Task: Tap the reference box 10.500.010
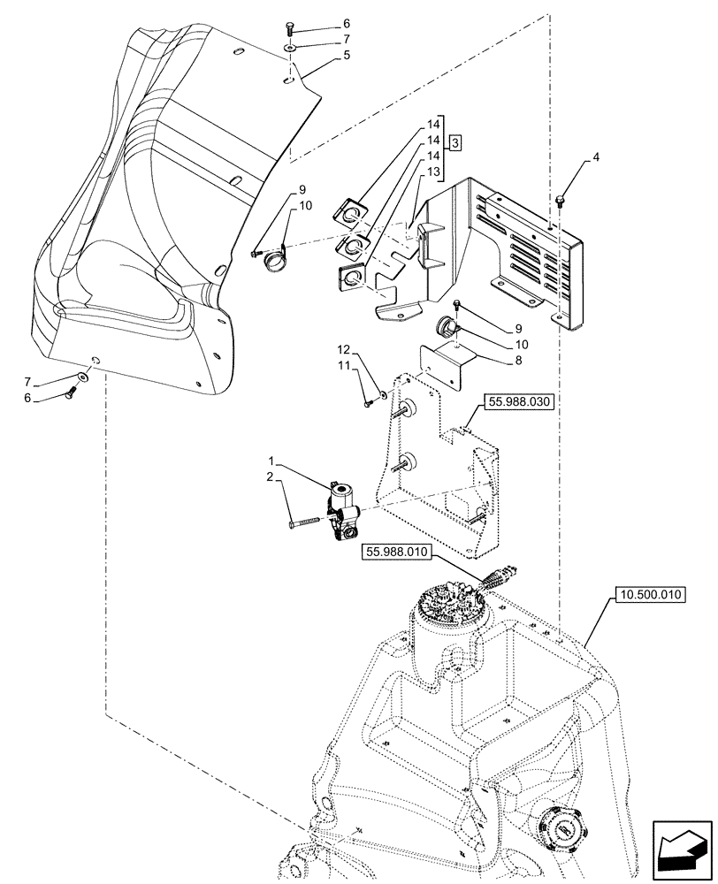[647, 595]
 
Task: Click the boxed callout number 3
[454, 143]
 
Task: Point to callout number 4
[595, 159]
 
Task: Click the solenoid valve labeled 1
[341, 505]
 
